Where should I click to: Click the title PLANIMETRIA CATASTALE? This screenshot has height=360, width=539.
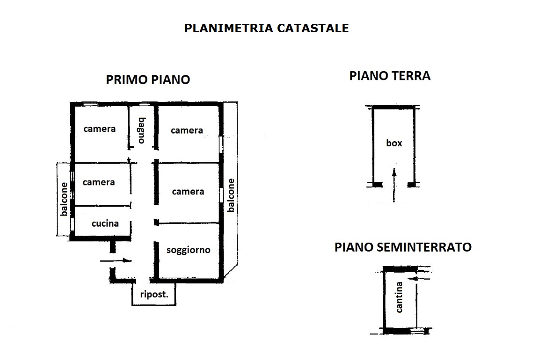(266, 28)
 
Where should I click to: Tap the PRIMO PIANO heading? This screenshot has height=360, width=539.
(148, 79)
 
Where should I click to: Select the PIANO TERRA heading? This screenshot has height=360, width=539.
(390, 76)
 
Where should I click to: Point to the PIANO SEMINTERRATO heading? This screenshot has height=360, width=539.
(403, 247)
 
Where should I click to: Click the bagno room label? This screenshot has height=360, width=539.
(142, 130)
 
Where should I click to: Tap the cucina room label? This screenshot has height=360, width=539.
(105, 223)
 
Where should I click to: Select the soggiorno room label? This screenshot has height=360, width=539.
(189, 250)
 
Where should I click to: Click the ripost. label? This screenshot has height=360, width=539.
(154, 295)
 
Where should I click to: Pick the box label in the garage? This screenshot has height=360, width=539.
(394, 143)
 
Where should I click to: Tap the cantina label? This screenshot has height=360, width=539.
(399, 297)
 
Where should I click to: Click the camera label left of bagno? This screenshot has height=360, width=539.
(99, 129)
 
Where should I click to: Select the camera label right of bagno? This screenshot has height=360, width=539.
(187, 130)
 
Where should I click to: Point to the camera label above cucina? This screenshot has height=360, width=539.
(99, 182)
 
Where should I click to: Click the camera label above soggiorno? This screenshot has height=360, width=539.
(188, 192)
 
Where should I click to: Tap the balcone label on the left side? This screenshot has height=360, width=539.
(64, 199)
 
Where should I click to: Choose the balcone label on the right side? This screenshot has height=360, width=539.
(231, 195)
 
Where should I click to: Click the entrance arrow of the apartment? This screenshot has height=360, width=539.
(116, 261)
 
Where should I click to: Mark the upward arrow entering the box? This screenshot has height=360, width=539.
(394, 185)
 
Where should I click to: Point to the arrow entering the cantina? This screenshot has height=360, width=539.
(421, 279)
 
